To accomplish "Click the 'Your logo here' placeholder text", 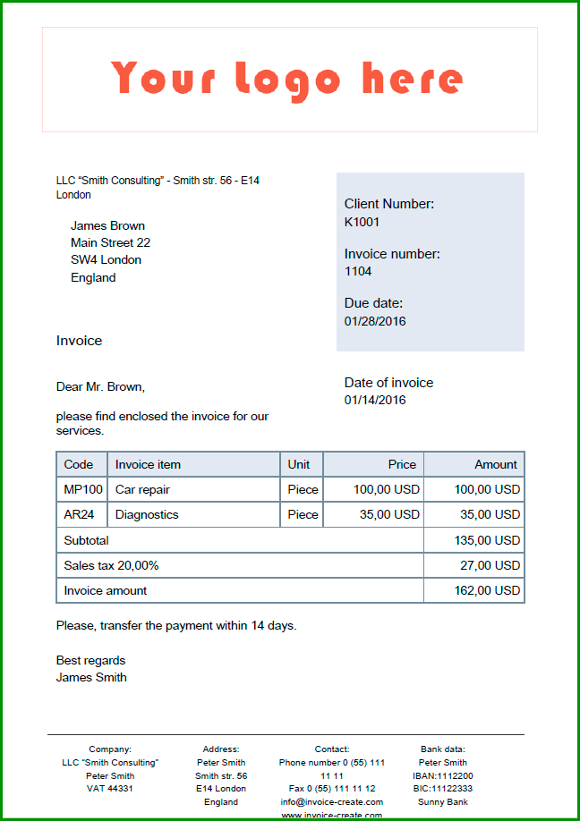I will [287, 79].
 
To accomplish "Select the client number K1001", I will [362, 222].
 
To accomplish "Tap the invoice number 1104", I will [358, 271].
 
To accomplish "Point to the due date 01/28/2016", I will [375, 321].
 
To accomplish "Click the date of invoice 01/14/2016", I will [375, 400].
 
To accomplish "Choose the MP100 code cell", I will [83, 490].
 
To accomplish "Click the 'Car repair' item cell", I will [142, 490].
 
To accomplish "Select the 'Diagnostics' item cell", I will [147, 515].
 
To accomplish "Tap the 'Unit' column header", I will [299, 465].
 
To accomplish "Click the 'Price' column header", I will [402, 465].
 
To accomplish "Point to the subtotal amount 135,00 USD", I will [488, 540].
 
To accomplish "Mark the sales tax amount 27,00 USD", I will [491, 565].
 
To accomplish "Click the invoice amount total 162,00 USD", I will [488, 591].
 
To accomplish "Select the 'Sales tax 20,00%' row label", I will [112, 565].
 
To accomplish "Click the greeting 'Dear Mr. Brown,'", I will [100, 387].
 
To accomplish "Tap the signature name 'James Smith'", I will [91, 678].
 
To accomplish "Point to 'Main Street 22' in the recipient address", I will [110, 243].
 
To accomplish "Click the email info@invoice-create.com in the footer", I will [331, 802].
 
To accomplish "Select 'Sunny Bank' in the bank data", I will [443, 802].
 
